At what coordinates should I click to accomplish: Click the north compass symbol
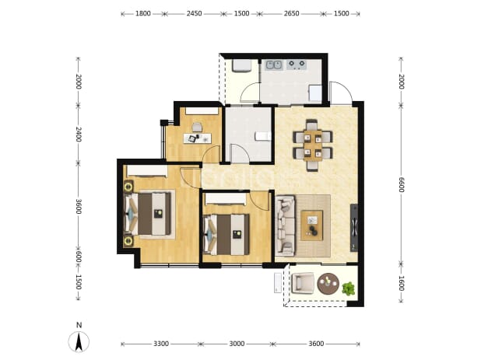tap(79, 341)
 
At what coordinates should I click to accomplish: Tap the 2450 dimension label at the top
tap(194, 13)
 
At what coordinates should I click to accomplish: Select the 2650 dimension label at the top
tap(291, 13)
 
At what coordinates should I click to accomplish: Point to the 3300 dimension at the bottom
tap(161, 344)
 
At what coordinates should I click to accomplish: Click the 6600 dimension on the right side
tap(402, 184)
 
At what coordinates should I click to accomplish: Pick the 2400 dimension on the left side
tap(79, 135)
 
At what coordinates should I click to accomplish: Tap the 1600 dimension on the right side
tap(402, 283)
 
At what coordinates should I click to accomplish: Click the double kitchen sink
tap(274, 65)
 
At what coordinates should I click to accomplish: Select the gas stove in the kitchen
tap(297, 65)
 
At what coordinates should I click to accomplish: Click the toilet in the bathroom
tap(263, 136)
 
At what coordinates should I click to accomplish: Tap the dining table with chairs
tap(313, 145)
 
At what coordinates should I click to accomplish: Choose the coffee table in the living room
tap(311, 225)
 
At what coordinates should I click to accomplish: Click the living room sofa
tap(286, 225)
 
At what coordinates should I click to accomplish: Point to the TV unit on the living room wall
tap(354, 228)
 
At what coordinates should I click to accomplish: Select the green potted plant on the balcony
tap(349, 288)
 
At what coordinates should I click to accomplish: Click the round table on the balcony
tap(328, 284)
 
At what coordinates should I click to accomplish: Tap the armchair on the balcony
tap(303, 283)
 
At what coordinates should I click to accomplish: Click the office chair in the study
tap(197, 127)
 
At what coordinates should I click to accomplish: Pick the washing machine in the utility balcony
tap(242, 66)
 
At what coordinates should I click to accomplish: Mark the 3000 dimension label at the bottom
tap(237, 344)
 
